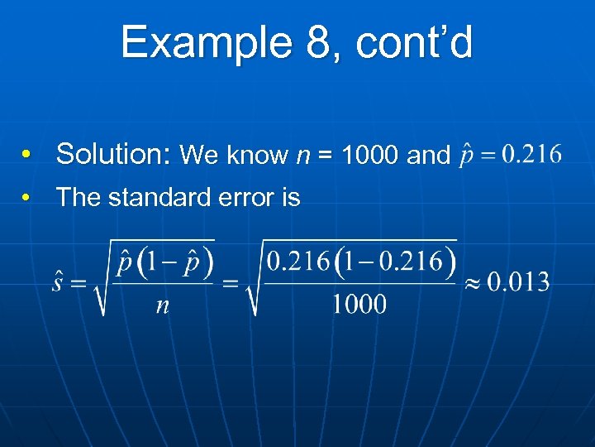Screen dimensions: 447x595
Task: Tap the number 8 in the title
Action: point(317,42)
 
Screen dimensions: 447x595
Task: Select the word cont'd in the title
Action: point(414,42)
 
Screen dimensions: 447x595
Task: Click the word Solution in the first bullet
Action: point(112,154)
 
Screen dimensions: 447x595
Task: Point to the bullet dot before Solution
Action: point(27,155)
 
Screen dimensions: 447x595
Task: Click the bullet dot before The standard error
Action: point(27,198)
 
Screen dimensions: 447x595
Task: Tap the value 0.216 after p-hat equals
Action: point(522,154)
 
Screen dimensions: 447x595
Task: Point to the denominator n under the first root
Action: point(163,305)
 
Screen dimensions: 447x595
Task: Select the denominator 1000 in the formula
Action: point(359,305)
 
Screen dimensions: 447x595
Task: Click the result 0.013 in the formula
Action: point(518,282)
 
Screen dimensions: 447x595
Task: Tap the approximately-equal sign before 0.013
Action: point(471,283)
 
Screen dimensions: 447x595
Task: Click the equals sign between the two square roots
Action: point(231,283)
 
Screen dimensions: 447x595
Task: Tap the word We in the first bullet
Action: point(199,155)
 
